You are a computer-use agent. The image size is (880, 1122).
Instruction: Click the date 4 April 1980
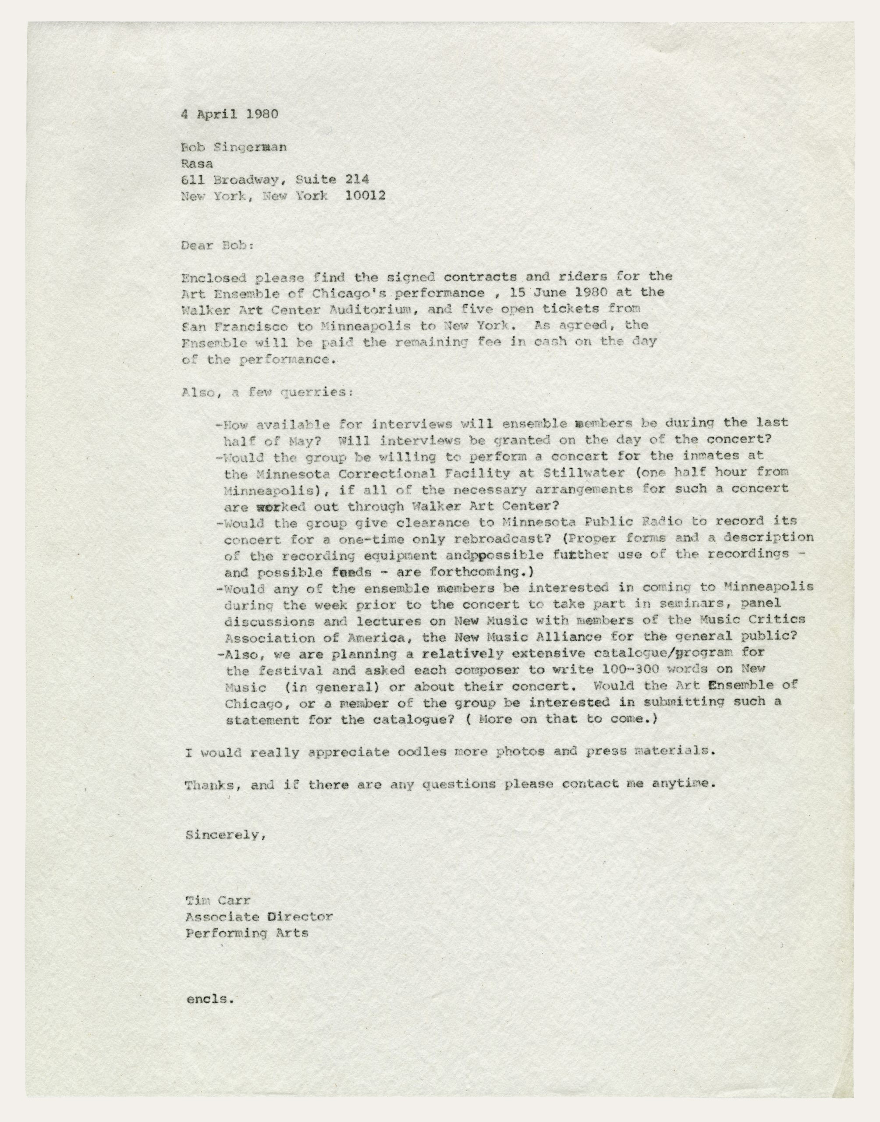(229, 114)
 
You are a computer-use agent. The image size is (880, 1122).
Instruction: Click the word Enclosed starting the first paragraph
(214, 278)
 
